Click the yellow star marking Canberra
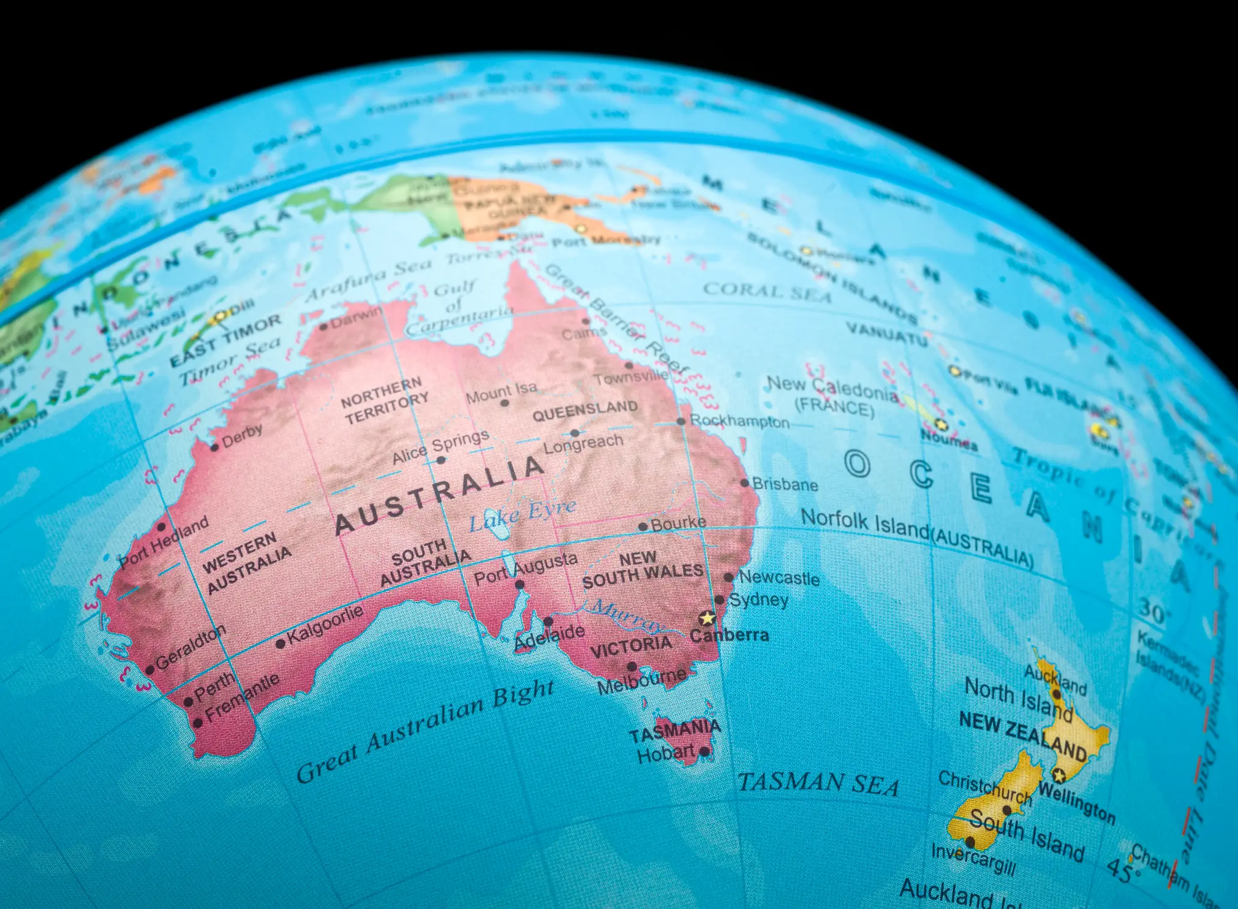click(708, 618)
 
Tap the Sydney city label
click(758, 599)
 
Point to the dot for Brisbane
click(745, 483)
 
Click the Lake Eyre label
click(522, 514)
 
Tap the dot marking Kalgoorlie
click(281, 644)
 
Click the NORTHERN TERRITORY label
click(385, 400)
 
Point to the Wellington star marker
click(1059, 775)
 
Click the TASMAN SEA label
click(818, 784)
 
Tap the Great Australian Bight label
click(425, 731)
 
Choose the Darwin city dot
click(324, 326)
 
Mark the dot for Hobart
click(704, 751)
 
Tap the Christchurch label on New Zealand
click(985, 787)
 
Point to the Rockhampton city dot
click(681, 421)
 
